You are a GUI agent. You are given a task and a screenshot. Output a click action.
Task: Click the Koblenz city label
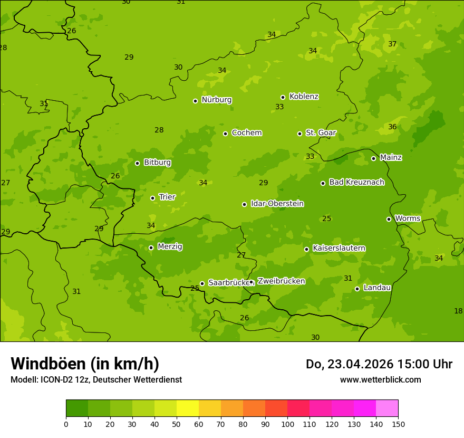coord(304,97)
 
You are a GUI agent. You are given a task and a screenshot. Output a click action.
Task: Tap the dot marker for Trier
coord(153,198)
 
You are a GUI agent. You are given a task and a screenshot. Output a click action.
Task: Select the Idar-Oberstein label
coord(277,204)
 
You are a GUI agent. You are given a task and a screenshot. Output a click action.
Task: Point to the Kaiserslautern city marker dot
coord(306,249)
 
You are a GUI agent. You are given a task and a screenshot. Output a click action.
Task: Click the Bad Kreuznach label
coord(356,182)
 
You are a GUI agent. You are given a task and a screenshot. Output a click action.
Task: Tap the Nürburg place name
coord(216,100)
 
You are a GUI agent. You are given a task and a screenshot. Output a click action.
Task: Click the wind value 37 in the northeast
coord(392,44)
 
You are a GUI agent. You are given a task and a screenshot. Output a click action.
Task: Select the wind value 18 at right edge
coord(458,311)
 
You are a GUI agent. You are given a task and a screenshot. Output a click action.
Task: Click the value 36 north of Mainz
coord(392,127)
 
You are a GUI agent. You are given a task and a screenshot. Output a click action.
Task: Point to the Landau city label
coord(377,288)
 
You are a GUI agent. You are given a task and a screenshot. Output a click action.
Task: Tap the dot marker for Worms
coord(389,219)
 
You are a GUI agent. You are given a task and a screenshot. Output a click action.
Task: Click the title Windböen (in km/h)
coord(85,364)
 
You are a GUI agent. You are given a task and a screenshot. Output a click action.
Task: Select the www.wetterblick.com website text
coord(380,379)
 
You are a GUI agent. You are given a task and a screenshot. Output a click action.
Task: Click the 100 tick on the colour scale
coord(287,424)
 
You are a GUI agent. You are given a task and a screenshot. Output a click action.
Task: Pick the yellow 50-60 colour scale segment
coord(188,408)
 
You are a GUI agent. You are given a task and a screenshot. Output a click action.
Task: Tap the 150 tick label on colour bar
coord(398,424)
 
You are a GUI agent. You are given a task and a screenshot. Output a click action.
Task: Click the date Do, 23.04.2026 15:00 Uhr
coord(379,364)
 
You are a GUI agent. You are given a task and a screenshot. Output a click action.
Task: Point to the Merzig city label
coord(170,246)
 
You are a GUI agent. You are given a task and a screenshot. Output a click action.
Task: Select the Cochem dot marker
coord(225,134)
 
